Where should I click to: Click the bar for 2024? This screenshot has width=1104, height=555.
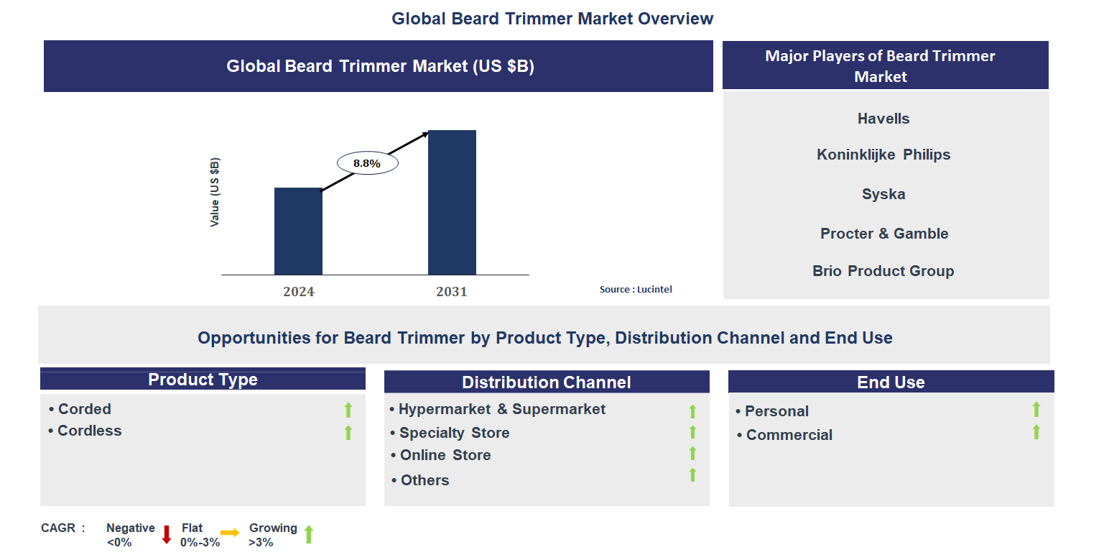pos(298,231)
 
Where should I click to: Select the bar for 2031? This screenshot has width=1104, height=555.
pos(452,203)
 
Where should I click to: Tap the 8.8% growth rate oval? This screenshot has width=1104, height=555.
pos(367,163)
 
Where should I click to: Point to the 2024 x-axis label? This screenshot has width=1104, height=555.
pos(298,292)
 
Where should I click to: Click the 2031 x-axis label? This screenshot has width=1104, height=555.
pos(451,292)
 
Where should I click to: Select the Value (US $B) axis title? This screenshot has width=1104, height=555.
pos(215,192)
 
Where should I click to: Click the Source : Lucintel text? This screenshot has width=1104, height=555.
pos(636,289)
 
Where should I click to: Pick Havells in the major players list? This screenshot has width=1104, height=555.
pos(883,119)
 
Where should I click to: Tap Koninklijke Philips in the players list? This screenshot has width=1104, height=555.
pos(883,155)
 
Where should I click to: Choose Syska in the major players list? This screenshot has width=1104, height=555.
pos(883,194)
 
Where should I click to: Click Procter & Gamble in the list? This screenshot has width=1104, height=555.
pos(884,234)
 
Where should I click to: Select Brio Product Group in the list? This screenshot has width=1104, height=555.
pos(883,271)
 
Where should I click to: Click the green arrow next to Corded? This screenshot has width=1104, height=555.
pos(348,410)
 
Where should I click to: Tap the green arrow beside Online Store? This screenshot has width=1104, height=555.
pos(692,453)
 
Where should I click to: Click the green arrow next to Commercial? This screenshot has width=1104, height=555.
pos(1036,432)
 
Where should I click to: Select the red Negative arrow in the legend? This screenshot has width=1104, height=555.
pos(167,534)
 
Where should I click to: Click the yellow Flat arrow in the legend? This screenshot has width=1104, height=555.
pos(230,533)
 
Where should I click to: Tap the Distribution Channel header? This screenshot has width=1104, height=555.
pos(546,382)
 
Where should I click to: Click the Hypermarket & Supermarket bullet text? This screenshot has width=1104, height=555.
pos(501,409)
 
